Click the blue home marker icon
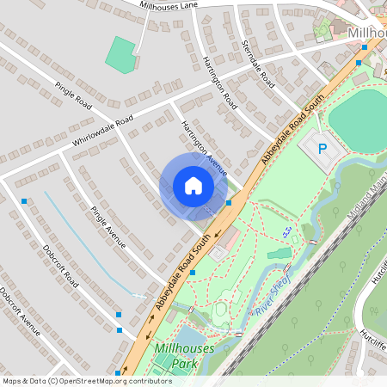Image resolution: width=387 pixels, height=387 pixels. pos(193,185)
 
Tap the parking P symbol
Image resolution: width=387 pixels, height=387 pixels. pos(322,149)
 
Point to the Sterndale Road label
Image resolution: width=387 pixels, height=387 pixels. pos(257,64)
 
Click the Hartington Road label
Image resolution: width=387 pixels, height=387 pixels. pos(221,83)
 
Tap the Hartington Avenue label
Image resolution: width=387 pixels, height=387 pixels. pos(203,147)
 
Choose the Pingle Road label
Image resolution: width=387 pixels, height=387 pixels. pos(73,94)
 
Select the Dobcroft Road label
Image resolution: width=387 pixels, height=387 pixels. pos(59,267)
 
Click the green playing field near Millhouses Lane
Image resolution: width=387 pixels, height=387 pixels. pos(120,54)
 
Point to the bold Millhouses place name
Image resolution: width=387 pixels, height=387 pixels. pos(367,32)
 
